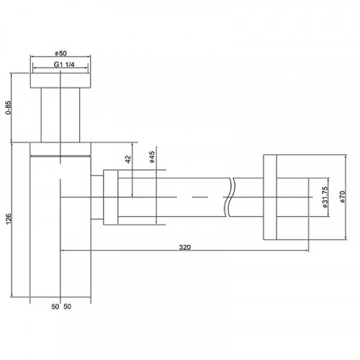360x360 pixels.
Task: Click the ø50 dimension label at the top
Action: tap(60, 53)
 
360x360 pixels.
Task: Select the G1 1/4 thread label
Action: tap(64, 65)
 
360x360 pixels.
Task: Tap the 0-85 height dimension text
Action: tap(8, 107)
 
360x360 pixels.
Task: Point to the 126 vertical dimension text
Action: tap(9, 219)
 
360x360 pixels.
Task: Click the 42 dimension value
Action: tap(128, 159)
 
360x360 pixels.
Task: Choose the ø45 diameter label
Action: tap(152, 157)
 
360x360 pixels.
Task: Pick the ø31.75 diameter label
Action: tap(325, 197)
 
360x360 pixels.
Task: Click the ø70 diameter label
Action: tap(342, 197)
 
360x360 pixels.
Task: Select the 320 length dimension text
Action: tap(184, 247)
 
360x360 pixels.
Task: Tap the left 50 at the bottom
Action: tap(55, 307)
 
